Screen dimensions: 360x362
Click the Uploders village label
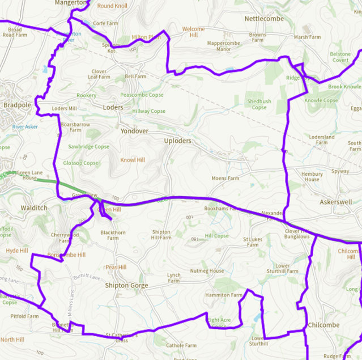pos(178,141)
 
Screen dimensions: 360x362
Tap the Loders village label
pos(113,107)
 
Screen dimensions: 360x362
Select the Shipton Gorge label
pos(126,286)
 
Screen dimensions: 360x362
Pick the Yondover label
pos(134,130)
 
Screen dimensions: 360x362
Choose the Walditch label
pos(33,208)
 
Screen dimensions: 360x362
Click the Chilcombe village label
pos(324,325)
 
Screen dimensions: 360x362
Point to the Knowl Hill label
pos(133,160)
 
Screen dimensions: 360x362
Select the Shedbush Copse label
pos(259,104)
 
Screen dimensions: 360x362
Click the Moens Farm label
pos(225,178)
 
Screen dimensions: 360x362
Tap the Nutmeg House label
pos(208,271)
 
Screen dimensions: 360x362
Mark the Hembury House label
pos(312,177)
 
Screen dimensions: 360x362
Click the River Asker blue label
pos(25,126)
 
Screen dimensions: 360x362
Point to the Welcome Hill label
pos(193,32)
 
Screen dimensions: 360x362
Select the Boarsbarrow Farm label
pos(71,126)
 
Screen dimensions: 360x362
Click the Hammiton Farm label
pos(224,295)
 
